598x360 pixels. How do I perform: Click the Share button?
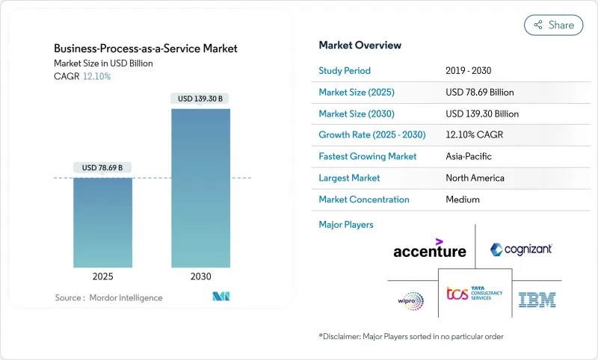pyautogui.click(x=553, y=25)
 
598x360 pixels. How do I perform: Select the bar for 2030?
pyautogui.click(x=200, y=187)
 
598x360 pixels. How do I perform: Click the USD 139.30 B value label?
pyautogui.click(x=200, y=99)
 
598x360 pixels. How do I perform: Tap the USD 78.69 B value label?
pyautogui.click(x=102, y=167)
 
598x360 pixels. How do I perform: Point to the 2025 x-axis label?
pyautogui.click(x=102, y=276)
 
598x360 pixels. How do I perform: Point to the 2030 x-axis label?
pyautogui.click(x=200, y=276)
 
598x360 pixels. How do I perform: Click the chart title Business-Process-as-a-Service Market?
pyautogui.click(x=146, y=49)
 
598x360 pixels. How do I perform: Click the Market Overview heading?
pyautogui.click(x=360, y=45)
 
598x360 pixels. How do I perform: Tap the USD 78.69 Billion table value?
pyautogui.click(x=479, y=93)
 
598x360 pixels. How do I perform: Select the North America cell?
pyautogui.click(x=475, y=178)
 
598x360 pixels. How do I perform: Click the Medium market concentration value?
pyautogui.click(x=462, y=199)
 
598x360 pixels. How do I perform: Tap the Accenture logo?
pyautogui.click(x=430, y=249)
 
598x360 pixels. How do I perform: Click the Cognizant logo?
pyautogui.click(x=521, y=249)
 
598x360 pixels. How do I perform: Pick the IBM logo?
pyautogui.click(x=537, y=300)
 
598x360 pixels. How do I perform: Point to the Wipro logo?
pyautogui.click(x=410, y=300)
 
